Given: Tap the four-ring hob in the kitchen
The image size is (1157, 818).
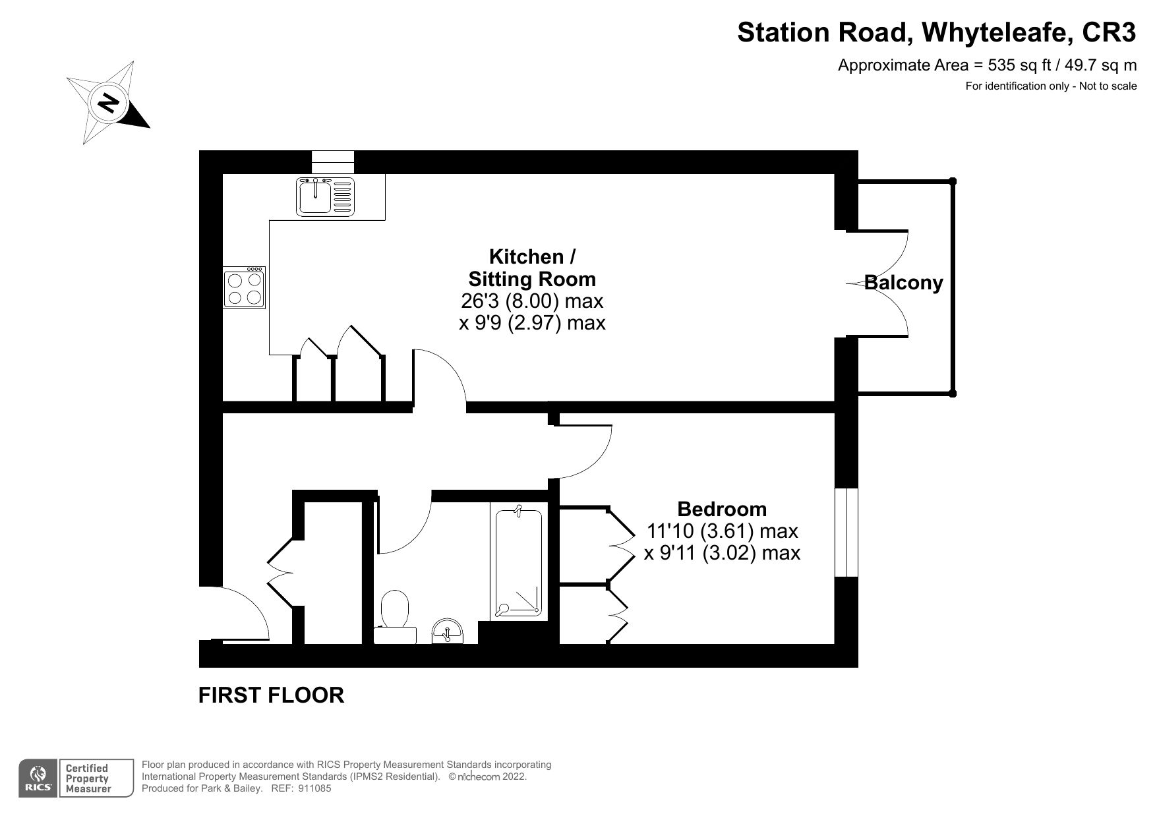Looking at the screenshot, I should (245, 288).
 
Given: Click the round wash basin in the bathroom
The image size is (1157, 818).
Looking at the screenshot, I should (449, 631).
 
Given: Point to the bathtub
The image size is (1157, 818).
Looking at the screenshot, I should (519, 562).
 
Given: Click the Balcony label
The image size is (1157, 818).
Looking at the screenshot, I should (903, 283).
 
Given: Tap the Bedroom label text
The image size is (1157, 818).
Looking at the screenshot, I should (722, 509).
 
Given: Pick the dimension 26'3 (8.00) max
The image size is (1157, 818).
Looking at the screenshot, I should (531, 301).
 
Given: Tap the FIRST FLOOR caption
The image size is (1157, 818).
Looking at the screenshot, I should (271, 695).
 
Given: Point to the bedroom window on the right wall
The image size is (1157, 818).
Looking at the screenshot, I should (846, 533).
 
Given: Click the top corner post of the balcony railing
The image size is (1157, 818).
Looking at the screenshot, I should (952, 181).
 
